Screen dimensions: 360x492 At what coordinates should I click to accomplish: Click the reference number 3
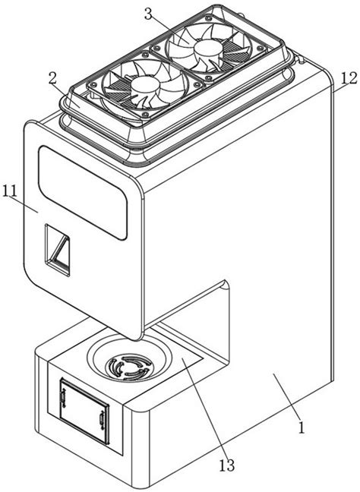148,14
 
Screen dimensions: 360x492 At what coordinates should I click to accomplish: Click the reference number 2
52,80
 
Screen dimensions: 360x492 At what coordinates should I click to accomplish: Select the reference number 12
349,78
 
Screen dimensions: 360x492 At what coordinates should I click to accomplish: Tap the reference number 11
11,191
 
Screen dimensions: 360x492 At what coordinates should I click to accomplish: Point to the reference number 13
226,465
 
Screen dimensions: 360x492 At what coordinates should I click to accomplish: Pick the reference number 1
302,427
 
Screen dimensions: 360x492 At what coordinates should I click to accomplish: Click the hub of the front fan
145,85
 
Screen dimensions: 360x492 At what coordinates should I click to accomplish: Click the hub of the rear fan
209,48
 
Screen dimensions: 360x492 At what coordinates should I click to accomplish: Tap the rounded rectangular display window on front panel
83,193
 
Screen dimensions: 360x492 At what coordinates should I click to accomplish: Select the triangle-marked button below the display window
57,250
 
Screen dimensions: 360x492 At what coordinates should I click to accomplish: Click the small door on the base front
84,412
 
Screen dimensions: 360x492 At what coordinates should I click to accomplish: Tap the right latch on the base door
102,420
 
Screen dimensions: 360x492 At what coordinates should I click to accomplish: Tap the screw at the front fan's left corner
92,85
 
